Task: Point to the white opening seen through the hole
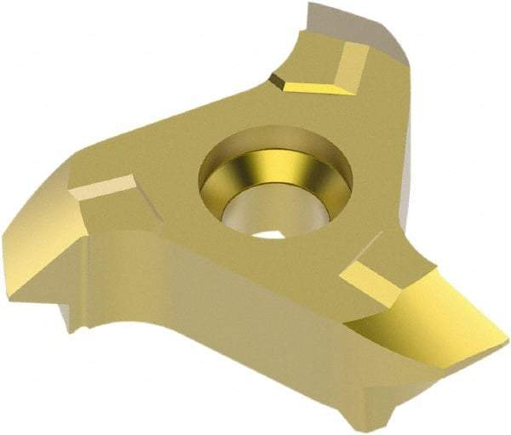271,231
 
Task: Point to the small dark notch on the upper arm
277,80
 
